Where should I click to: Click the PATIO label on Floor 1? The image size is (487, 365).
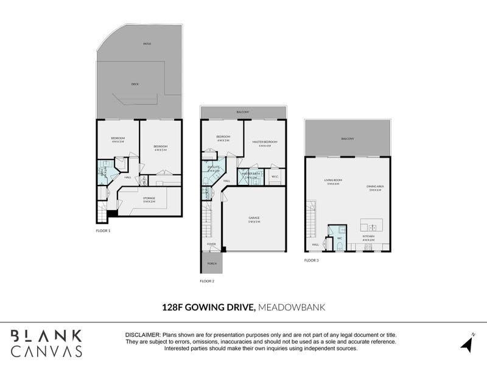pos(147,44)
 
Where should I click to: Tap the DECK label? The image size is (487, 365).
pos(135,83)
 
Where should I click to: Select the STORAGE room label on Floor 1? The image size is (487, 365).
pos(149,199)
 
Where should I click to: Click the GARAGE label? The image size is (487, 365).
pos(254,219)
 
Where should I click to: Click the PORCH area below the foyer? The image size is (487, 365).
pos(212,263)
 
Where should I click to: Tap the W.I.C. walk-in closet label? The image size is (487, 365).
pos(275,177)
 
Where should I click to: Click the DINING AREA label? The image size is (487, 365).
pos(374,189)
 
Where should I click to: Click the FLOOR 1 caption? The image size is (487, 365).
pos(104,231)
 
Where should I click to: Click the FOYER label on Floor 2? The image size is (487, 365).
pos(211,243)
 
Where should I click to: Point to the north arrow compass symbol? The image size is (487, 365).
pos(467,342)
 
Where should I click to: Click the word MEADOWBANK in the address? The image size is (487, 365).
pos(292,307)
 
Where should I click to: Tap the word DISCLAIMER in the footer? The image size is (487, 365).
pos(142,335)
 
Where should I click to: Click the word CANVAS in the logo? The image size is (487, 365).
pos(47,352)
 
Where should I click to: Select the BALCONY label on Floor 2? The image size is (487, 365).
pos(243,112)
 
